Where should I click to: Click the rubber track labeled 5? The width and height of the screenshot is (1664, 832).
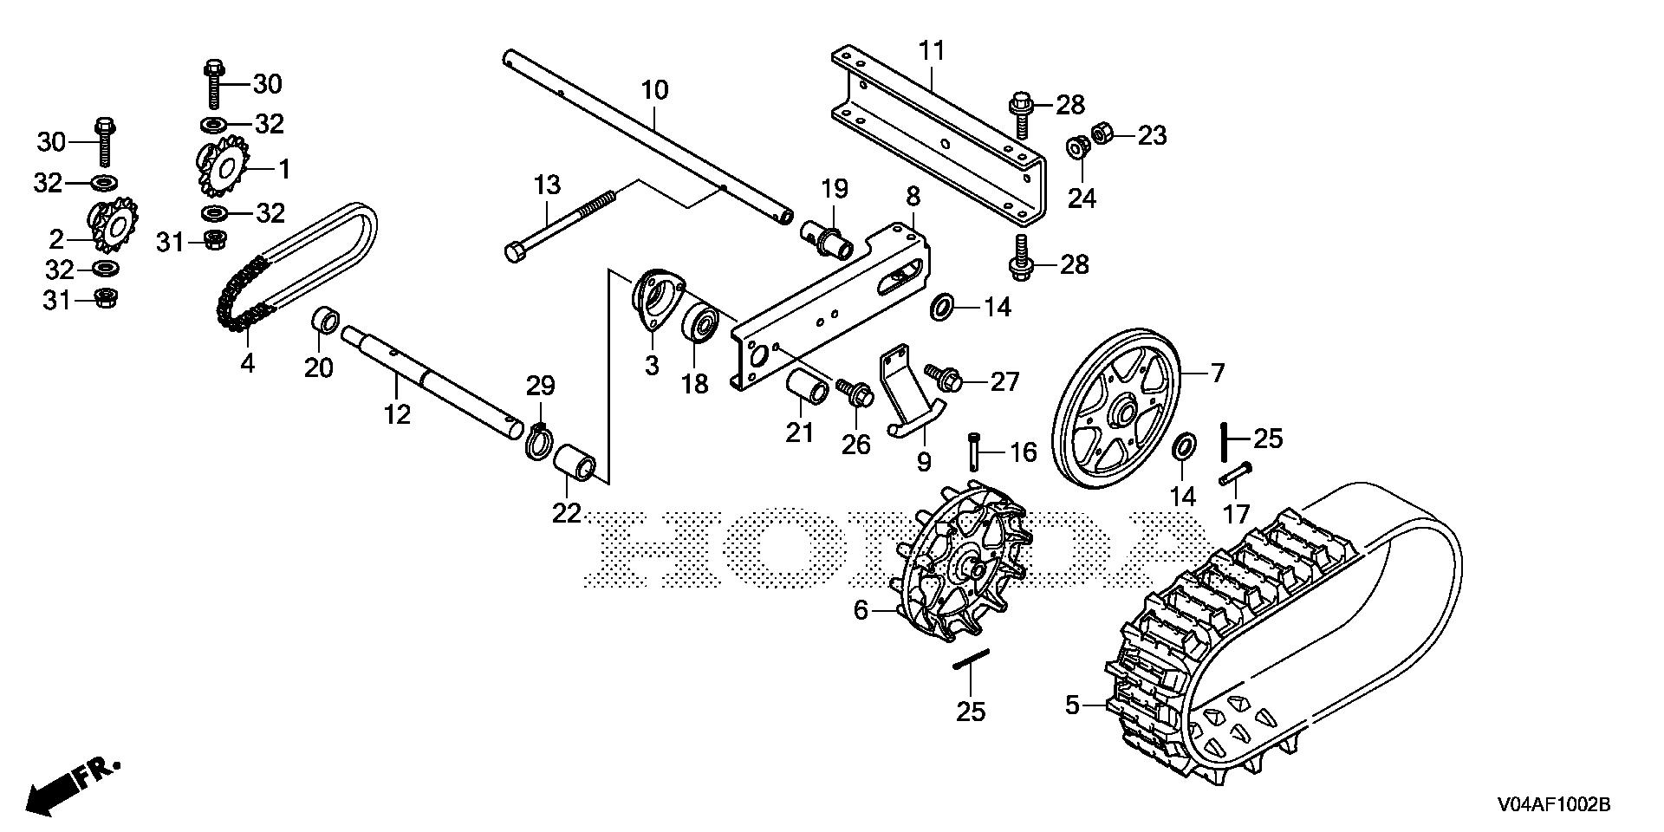click(1283, 633)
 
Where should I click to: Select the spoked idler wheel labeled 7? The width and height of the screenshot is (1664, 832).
click(1118, 407)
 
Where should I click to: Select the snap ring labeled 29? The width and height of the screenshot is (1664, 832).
click(538, 439)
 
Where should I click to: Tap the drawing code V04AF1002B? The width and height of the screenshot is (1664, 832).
click(1551, 805)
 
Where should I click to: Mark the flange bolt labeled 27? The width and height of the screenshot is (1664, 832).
click(944, 379)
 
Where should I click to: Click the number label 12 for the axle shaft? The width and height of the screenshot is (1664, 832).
click(397, 414)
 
